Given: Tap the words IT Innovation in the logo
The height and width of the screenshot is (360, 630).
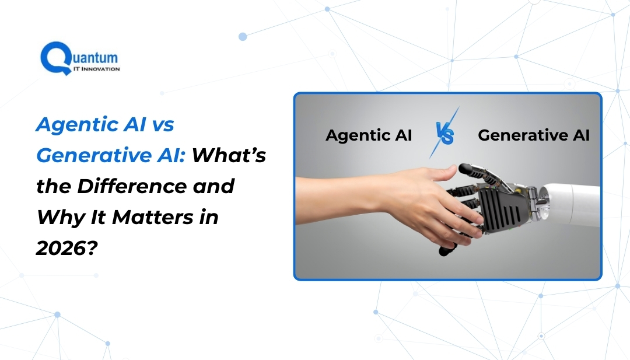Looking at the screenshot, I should pos(95,69).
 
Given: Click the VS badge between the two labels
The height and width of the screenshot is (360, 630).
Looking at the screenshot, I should pos(444,135).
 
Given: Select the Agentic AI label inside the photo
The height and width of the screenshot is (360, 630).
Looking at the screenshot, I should pos(369,135).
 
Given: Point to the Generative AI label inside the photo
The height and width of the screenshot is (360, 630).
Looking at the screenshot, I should pos(533,135).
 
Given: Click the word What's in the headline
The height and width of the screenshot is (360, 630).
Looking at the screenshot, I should pos(230,156).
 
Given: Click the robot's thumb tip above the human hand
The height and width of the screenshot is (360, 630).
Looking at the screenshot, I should pos(465,170).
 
